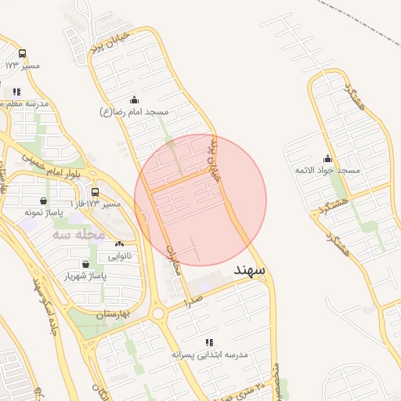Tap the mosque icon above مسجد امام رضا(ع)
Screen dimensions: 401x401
click(x=134, y=100)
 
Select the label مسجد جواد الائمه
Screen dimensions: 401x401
click(x=327, y=171)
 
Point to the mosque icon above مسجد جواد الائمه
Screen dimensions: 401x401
click(x=327, y=158)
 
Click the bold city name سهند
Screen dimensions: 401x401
click(x=250, y=270)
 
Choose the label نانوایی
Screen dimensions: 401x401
click(x=118, y=256)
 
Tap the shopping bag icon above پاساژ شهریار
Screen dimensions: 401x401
click(x=85, y=265)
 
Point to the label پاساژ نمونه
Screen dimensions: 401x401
click(x=42, y=212)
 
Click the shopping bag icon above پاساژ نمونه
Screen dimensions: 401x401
click(x=42, y=200)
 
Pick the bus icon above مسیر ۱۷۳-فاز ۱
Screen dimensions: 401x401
click(x=95, y=193)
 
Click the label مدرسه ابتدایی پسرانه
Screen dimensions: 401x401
click(x=210, y=355)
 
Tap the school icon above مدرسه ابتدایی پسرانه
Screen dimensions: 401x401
click(x=209, y=343)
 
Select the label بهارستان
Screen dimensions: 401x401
click(x=111, y=315)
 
